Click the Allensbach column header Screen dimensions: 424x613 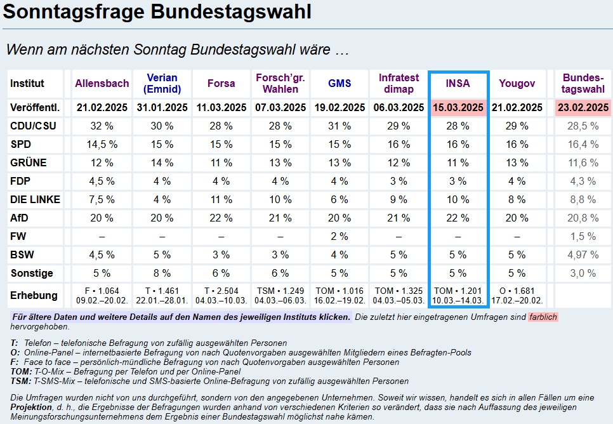point(102,83)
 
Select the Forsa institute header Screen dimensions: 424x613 point(221,83)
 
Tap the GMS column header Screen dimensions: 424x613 point(339,83)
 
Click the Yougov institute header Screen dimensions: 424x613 point(517,83)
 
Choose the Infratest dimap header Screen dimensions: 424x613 point(399,83)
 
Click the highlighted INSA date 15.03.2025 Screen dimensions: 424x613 point(458,108)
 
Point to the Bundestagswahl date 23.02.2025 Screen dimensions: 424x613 point(583,108)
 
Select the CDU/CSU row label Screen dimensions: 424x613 point(34,126)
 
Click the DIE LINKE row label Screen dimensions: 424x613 point(36,200)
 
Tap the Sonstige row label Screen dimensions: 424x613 point(32,274)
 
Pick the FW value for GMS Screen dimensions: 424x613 point(339,237)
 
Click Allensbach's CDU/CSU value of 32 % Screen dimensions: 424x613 point(102,126)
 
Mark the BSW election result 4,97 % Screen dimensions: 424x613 point(583,255)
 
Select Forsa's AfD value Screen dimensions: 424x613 point(221,218)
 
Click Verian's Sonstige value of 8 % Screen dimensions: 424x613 point(162,274)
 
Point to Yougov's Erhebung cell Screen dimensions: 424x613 point(517,295)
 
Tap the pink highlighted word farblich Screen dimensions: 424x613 point(543,317)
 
